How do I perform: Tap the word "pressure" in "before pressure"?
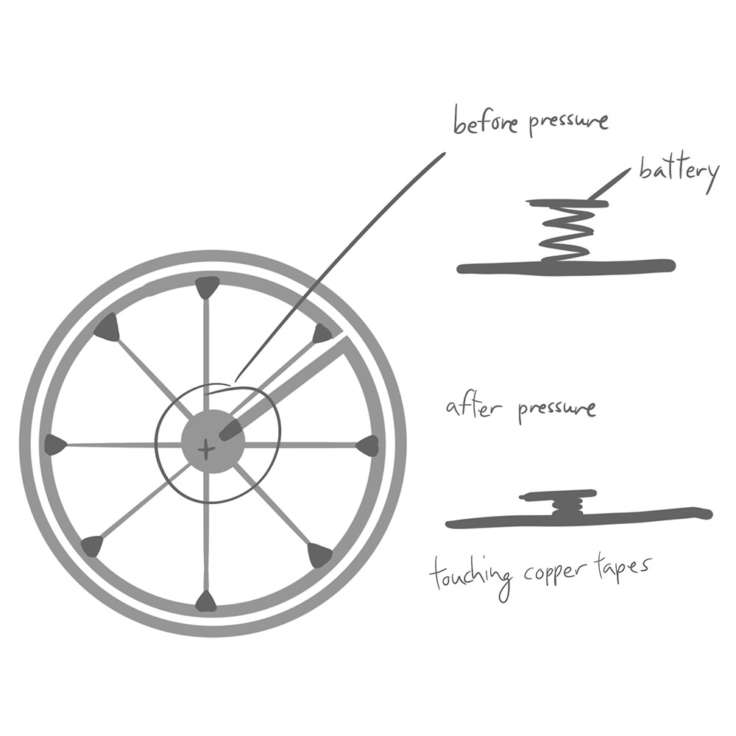pyautogui.click(x=567, y=121)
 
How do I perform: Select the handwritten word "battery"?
pyautogui.click(x=678, y=173)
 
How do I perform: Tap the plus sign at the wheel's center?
pyautogui.click(x=208, y=447)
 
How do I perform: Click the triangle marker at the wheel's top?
pyautogui.click(x=207, y=286)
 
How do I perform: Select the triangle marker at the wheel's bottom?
pyautogui.click(x=207, y=602)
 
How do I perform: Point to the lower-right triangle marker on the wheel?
pyautogui.click(x=319, y=554)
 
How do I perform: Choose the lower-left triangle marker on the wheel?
pyautogui.click(x=93, y=545)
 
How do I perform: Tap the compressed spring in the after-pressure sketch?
pyautogui.click(x=567, y=506)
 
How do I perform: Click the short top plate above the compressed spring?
pyautogui.click(x=559, y=495)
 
